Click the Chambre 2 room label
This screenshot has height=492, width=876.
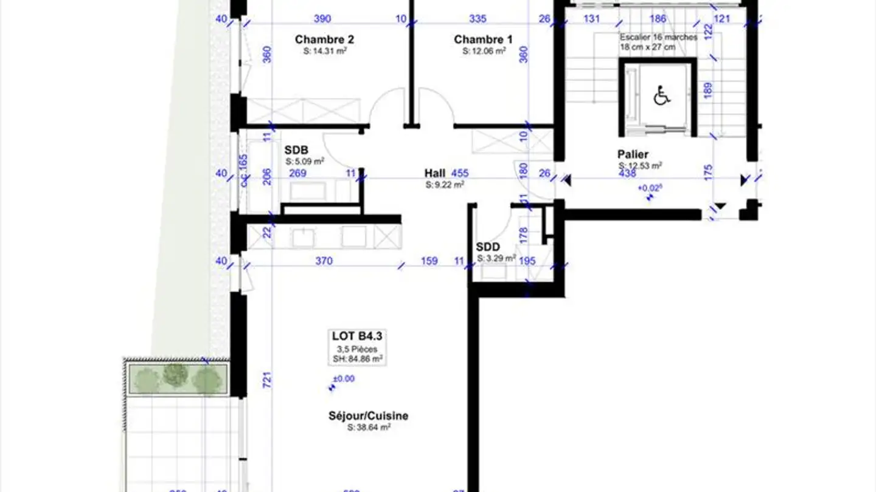[324, 39]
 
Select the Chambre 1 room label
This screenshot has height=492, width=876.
[483, 39]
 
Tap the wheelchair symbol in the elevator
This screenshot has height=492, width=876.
[662, 95]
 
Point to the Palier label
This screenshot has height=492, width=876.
[633, 154]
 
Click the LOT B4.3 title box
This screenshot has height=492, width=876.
[357, 336]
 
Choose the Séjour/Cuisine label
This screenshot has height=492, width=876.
[368, 416]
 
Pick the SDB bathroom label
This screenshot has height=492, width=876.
[296, 150]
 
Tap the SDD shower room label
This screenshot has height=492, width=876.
[488, 247]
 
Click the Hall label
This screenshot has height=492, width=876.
[435, 173]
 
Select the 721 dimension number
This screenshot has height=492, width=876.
[266, 380]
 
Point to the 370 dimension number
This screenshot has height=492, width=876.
[324, 261]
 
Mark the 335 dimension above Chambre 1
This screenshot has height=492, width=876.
[478, 19]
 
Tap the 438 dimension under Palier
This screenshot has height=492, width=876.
[627, 174]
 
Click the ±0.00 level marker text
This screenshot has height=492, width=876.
[344, 379]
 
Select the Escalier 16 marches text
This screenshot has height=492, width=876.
[658, 37]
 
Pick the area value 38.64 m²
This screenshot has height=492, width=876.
[369, 428]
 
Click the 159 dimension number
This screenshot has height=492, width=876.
[429, 261]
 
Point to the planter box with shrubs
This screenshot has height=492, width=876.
[177, 379]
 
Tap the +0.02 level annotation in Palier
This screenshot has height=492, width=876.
[649, 188]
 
